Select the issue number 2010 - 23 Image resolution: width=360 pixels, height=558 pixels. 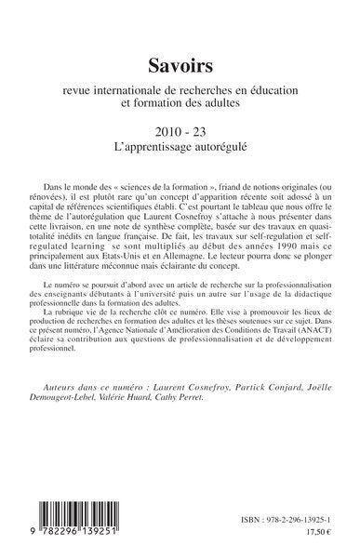click(x=180, y=130)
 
